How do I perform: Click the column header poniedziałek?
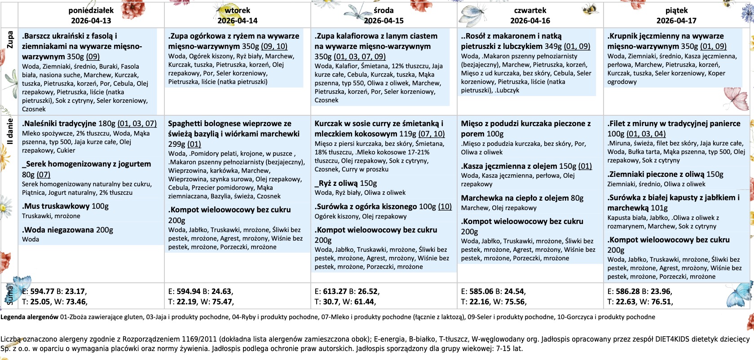(91, 10)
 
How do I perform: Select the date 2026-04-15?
(384, 21)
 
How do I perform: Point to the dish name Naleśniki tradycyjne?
(60, 123)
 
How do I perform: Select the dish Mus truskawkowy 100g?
(65, 206)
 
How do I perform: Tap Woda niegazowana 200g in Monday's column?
(67, 230)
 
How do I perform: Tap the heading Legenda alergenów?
(29, 317)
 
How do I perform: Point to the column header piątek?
(676, 10)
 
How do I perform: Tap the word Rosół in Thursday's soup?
(476, 36)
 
